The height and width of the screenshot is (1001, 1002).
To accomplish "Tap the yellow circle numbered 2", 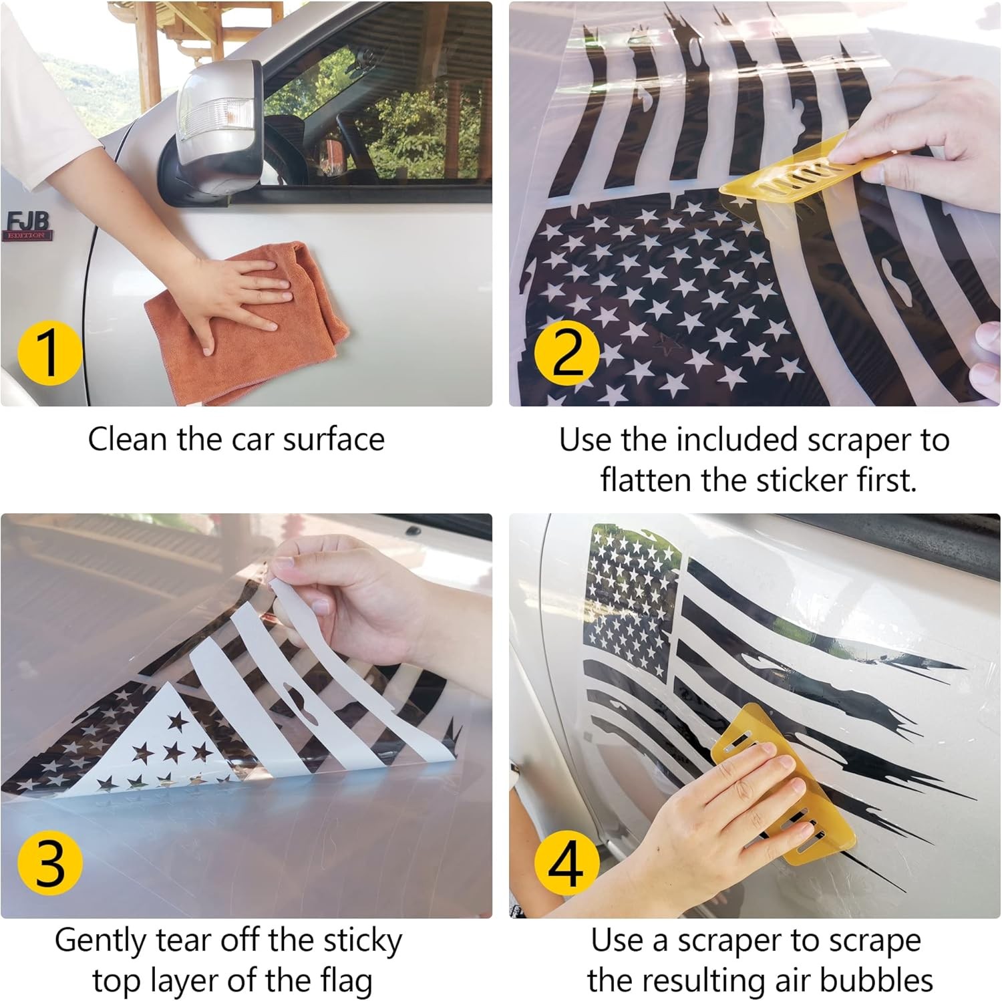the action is click(x=567, y=353).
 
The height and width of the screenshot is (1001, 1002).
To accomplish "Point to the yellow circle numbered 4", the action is click(x=567, y=864).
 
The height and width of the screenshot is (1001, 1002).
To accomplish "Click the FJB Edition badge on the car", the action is click(x=27, y=226).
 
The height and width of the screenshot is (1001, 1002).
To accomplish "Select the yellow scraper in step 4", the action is click(x=782, y=782).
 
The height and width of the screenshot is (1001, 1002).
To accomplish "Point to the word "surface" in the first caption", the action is click(x=333, y=440).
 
